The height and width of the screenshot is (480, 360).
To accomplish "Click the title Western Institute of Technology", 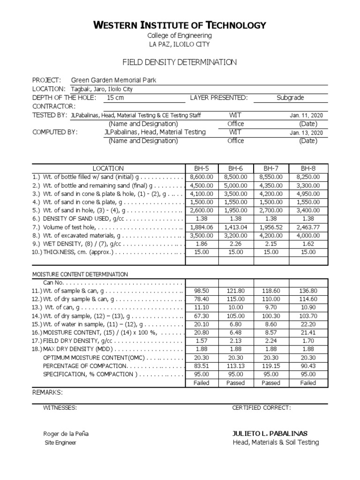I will point(180,25).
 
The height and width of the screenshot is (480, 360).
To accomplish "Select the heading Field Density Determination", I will point(180,62).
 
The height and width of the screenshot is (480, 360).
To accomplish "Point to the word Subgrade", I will point(290,97).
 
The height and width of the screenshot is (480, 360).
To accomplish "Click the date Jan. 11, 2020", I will point(306,115).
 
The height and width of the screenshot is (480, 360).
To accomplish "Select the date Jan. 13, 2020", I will point(306,133).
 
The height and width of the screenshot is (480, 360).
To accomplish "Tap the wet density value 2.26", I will point(235,244).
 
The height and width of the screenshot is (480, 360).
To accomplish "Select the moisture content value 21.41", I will point(308,332).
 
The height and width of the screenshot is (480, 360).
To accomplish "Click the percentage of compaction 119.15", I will point(271,366).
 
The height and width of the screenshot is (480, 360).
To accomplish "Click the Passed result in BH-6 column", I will point(235,383).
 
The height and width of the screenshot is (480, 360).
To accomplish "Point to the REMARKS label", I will point(47,392).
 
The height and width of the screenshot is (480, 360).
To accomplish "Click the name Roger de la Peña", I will point(66,434).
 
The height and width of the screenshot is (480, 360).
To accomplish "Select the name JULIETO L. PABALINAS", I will point(270,433).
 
